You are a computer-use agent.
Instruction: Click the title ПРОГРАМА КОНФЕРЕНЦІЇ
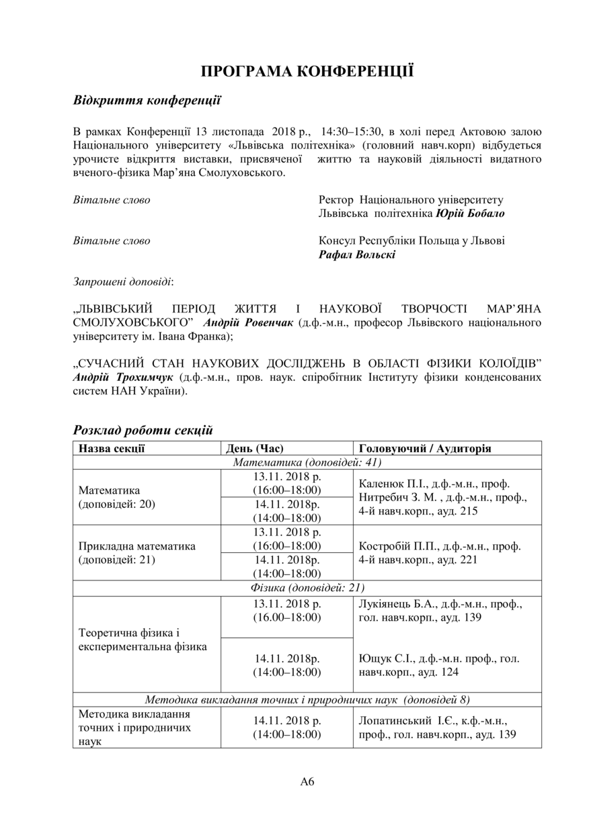[307, 72]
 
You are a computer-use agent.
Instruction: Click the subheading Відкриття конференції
[147, 101]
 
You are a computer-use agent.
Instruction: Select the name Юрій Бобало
[470, 213]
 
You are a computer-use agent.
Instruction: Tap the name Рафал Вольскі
[357, 255]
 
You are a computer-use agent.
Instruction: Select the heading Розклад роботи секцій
[143, 429]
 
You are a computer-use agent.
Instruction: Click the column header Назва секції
[112, 448]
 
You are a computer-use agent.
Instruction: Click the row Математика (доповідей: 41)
[307, 462]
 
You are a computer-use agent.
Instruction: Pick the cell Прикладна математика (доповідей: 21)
[137, 553]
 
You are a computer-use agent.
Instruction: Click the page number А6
[307, 781]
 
